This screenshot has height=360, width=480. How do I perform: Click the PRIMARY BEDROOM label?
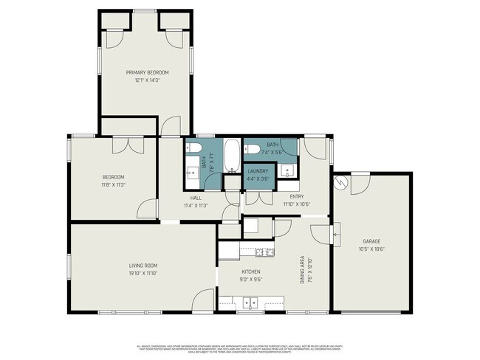click(x=147, y=72)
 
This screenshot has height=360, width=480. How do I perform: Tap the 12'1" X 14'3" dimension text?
click(x=147, y=80)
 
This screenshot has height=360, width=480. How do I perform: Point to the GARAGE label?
click(x=371, y=241)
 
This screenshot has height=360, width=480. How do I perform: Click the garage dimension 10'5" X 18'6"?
click(x=371, y=249)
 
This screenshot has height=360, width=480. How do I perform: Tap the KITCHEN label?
click(x=251, y=271)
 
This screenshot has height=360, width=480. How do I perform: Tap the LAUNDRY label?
click(x=258, y=171)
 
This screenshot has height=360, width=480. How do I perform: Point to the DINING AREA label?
click(x=302, y=271)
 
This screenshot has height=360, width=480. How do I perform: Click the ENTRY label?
click(x=296, y=196)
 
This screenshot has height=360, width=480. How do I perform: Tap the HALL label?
click(x=196, y=198)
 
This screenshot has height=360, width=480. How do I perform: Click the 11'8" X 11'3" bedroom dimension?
click(x=113, y=184)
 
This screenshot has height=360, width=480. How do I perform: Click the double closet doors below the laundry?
click(x=258, y=197)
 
